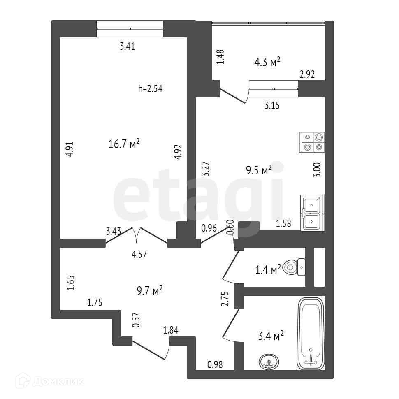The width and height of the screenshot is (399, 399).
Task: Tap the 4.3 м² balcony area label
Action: coord(267,62)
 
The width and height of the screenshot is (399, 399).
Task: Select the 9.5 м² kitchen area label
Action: coord(259,170)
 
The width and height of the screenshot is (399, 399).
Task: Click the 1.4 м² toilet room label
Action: coord(268,270)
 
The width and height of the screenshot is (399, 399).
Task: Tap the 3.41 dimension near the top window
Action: coord(127,46)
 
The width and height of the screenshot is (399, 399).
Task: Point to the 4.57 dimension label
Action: coord(139,254)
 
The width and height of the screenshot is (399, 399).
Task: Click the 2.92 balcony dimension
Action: coord(307,74)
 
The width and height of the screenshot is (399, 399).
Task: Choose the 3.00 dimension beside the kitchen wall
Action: coord(317,169)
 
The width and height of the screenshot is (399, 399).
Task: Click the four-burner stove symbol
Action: coord(312,142)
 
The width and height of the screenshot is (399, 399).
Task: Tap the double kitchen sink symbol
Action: coord(313,213)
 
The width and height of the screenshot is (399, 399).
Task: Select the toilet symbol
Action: coord(295,268)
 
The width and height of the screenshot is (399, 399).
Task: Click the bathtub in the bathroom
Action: coord(311,334)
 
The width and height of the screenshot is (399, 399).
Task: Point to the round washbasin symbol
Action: coord(269,362)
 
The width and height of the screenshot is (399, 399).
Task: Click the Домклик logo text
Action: coord(57,381)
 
